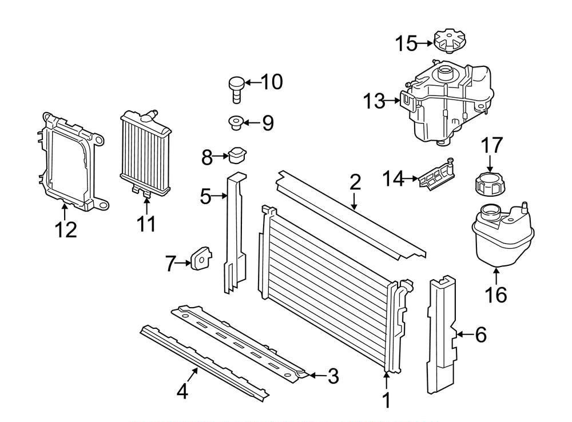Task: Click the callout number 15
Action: (x=406, y=43)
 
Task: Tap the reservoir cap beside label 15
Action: (x=451, y=42)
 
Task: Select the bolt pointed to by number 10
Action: (x=236, y=89)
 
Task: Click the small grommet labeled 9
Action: (x=236, y=122)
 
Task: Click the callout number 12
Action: (x=66, y=230)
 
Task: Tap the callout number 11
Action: (x=146, y=224)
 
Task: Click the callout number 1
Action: (x=387, y=400)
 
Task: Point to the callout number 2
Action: (x=355, y=182)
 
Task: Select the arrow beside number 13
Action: (x=392, y=100)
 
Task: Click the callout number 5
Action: (x=206, y=196)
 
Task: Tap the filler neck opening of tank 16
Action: (x=491, y=210)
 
